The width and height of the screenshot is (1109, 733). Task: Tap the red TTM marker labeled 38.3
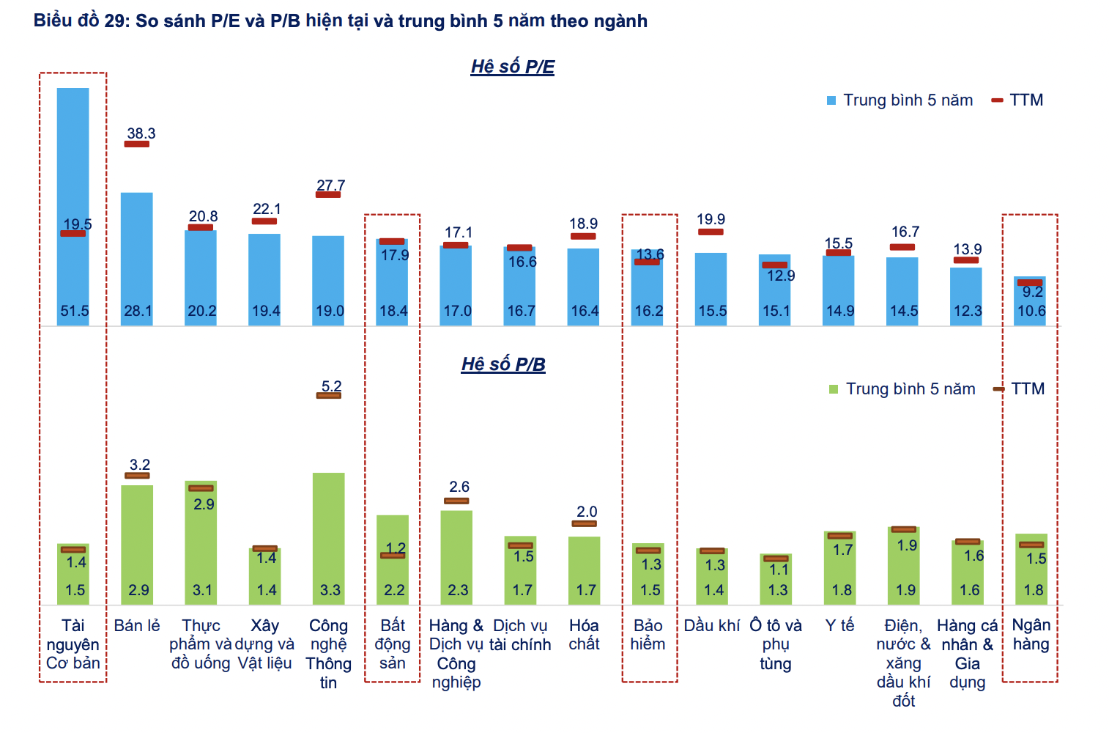pyautogui.click(x=137, y=144)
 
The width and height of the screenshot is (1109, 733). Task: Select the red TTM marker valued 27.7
pyautogui.click(x=328, y=194)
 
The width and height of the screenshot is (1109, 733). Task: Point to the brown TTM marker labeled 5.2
pyautogui.click(x=329, y=396)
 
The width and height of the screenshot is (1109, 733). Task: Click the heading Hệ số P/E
pyautogui.click(x=512, y=67)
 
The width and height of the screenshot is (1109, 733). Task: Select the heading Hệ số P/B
pyautogui.click(x=503, y=364)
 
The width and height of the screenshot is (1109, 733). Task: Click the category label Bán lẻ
pyautogui.click(x=137, y=625)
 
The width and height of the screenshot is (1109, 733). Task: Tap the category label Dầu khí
pyautogui.click(x=712, y=625)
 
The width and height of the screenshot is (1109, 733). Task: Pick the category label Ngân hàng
pyautogui.click(x=1031, y=635)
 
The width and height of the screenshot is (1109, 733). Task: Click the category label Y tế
pyautogui.click(x=839, y=625)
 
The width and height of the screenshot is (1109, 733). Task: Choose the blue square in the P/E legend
pyautogui.click(x=831, y=100)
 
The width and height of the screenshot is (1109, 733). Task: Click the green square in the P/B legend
pyautogui.click(x=834, y=389)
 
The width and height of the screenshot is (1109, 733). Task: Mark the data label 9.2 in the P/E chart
pyautogui.click(x=1033, y=292)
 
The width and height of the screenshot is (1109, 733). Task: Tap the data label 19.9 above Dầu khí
pyautogui.click(x=711, y=219)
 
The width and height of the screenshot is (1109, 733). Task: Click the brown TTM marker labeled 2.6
pyautogui.click(x=456, y=501)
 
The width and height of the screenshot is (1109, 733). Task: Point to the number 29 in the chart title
pyautogui.click(x=116, y=21)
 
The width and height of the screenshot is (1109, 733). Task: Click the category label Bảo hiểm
pyautogui.click(x=648, y=635)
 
